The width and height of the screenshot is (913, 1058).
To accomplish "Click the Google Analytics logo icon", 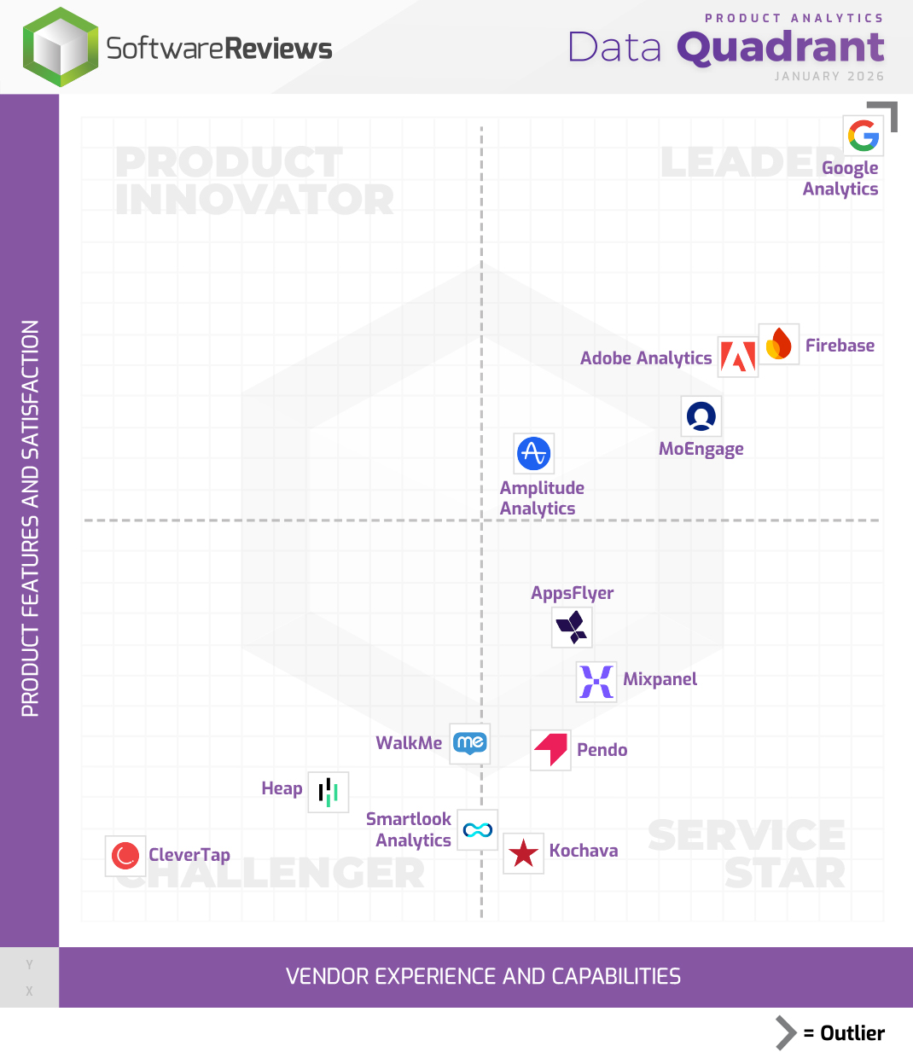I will point(863,136).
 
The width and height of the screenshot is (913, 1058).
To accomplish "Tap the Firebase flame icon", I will point(778,344).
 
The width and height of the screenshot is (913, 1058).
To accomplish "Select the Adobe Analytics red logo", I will point(737,357).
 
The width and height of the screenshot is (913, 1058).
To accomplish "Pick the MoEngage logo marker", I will point(701,416).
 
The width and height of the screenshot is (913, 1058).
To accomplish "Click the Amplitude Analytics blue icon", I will point(534,453).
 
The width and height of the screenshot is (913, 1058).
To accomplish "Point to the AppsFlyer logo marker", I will point(572,628).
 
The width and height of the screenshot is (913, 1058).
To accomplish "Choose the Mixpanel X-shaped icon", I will point(596,682).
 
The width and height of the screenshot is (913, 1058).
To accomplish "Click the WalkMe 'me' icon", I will point(470,743).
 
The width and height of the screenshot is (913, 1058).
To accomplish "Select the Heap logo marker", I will point(329,792).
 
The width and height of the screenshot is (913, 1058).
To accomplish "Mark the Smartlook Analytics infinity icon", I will point(478,829).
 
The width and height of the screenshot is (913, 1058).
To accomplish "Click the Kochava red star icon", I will point(523,852).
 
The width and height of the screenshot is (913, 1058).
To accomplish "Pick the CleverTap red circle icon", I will point(125,855).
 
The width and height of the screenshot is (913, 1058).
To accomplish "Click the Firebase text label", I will point(840,346).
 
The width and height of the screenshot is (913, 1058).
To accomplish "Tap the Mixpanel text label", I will point(660,679).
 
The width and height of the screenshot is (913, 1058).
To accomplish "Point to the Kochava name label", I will point(584,851).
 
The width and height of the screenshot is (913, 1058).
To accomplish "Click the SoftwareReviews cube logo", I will point(60,48).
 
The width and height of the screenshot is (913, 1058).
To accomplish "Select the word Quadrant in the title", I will point(781,48).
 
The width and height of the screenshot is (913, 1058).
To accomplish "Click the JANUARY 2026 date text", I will point(829,77).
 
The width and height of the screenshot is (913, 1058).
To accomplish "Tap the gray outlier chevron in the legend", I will point(785,1032).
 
